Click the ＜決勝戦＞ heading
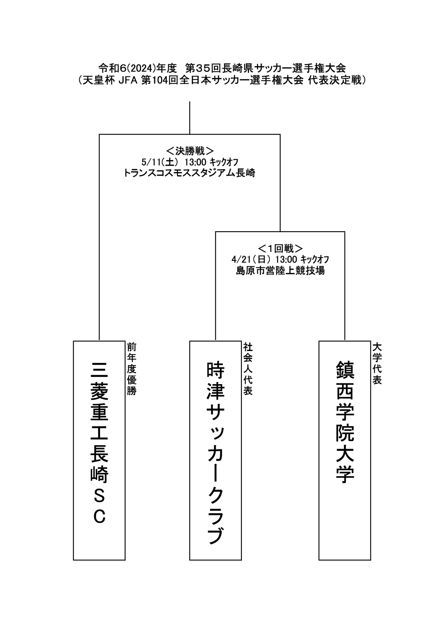[x=190, y=150]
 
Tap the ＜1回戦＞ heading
[x=280, y=248]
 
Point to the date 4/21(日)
[x=252, y=259]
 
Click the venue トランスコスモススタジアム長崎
[x=189, y=173]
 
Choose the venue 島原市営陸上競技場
[x=280, y=271]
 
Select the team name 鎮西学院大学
[x=345, y=422]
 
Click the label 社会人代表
[x=248, y=369]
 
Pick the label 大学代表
[x=377, y=364]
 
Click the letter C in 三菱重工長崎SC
[x=99, y=517]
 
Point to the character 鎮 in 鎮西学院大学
[x=345, y=370]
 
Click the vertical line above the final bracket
[x=189, y=118]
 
